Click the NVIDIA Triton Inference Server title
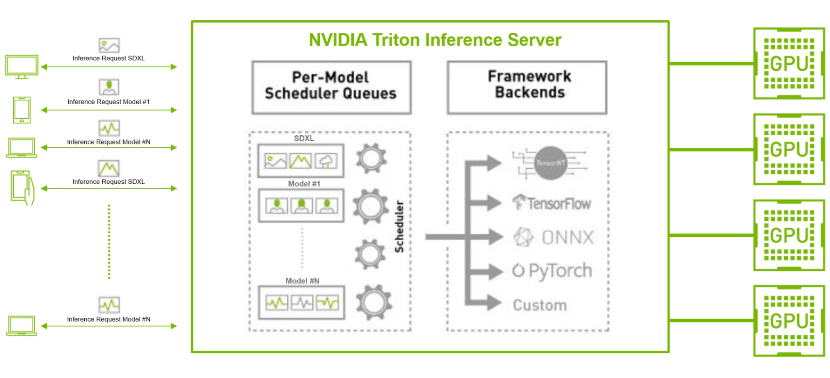pos(435,40)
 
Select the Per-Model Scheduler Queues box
pos(331,87)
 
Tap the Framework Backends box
pos(526,87)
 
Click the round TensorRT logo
pos(551,163)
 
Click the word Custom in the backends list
pos(540,305)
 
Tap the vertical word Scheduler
pos(399,227)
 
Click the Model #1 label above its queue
pos(304,184)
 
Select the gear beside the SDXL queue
pos(371,159)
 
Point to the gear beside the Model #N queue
pos(374,302)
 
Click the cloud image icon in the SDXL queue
pos(326,161)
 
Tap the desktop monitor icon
pos(22,66)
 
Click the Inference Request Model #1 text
pos(108,102)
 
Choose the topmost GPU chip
pos(789,63)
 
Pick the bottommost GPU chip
pos(789,321)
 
